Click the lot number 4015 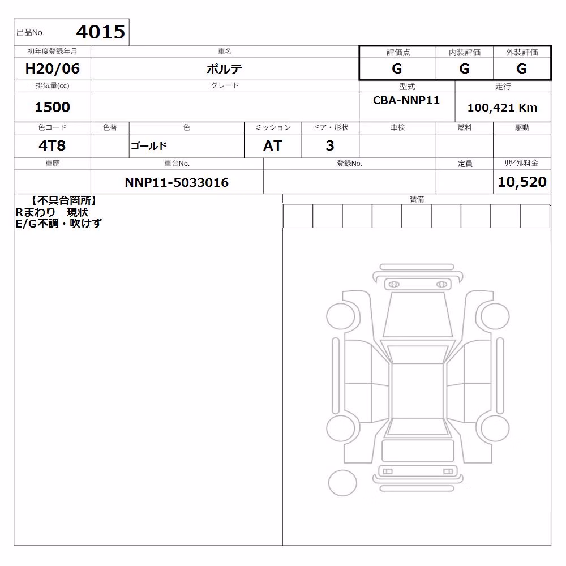(x=101, y=32)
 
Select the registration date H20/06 (x=52, y=68)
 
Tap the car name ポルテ (x=224, y=69)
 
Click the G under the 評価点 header (x=397, y=68)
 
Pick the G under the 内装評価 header (x=464, y=68)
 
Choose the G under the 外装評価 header (x=521, y=68)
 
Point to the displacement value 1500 (x=52, y=107)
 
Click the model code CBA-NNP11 (x=406, y=100)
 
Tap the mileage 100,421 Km (x=502, y=108)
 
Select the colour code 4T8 (x=52, y=146)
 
